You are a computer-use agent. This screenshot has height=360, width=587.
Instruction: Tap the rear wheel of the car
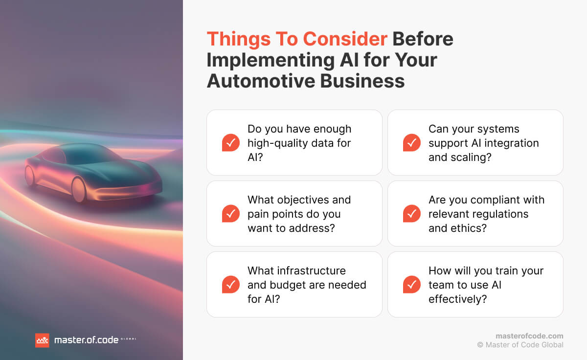[30, 175]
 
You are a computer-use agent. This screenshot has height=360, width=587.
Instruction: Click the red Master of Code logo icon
[42, 340]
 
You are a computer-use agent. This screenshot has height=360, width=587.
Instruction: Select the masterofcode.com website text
[529, 336]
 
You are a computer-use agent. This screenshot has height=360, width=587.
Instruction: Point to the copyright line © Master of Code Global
[520, 345]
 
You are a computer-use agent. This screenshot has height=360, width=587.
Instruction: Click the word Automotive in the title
[260, 81]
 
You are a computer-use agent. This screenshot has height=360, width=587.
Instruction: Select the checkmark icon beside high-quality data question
[231, 143]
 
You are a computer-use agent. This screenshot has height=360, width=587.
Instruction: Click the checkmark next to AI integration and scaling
[412, 143]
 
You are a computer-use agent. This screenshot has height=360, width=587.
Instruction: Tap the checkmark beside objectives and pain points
[231, 214]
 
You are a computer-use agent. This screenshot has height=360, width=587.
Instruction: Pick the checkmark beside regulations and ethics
[412, 214]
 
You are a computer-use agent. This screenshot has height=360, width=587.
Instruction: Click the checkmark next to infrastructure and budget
[231, 285]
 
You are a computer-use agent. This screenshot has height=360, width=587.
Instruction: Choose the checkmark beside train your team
[412, 285]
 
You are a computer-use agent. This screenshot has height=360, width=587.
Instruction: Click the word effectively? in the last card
[457, 299]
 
